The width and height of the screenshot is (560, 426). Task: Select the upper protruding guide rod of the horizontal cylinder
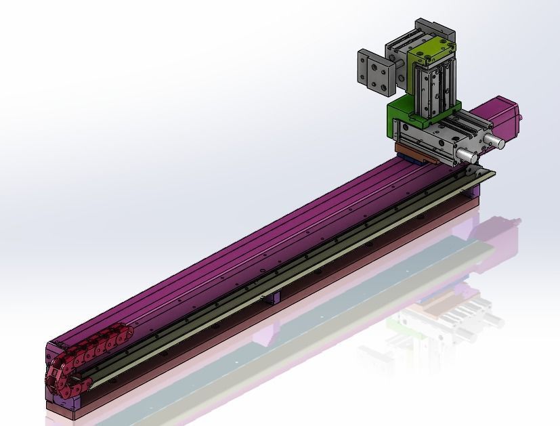[494, 142]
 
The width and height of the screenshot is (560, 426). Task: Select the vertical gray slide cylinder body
[433, 85]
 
